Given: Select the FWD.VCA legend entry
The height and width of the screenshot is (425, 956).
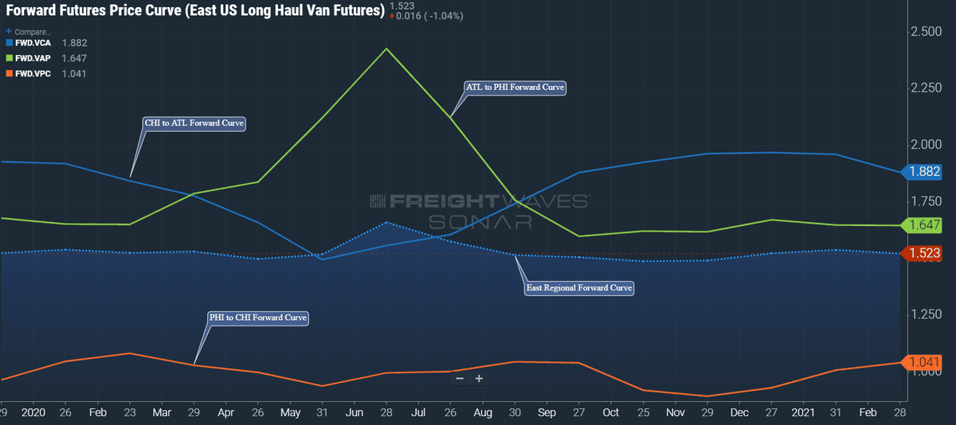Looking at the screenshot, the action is [46, 43].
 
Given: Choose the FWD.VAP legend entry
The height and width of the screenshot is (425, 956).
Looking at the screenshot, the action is [46, 58].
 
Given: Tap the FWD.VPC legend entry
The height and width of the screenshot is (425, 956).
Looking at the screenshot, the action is [46, 74].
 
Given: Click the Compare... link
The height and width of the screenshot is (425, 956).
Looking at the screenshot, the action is [29, 32].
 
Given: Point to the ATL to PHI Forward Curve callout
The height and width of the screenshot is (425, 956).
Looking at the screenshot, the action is [515, 88].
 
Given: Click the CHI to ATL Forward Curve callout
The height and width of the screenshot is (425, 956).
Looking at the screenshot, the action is [194, 123].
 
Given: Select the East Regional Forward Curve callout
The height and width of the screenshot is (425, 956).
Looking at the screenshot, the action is [578, 288].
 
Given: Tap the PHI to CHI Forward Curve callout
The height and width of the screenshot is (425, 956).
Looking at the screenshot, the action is [258, 318].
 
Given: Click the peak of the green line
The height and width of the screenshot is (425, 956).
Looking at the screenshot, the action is [386, 49].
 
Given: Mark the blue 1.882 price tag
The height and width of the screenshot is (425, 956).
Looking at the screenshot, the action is [922, 172].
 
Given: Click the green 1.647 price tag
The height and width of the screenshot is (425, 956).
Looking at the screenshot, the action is [922, 224].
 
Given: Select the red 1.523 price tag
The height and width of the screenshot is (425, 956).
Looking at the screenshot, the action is [922, 253].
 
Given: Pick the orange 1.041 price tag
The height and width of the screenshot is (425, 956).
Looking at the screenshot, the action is [922, 362].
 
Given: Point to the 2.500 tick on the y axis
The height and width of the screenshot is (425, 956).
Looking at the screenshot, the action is [926, 32].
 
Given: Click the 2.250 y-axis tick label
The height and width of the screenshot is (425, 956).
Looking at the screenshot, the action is [926, 88].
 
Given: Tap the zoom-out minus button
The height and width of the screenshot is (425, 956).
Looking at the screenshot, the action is [460, 379].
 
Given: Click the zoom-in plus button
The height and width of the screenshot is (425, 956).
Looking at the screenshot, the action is [479, 379].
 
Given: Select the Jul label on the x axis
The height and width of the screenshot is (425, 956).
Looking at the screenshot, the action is [417, 412].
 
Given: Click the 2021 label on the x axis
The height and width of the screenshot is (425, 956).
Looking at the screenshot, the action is [803, 412].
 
